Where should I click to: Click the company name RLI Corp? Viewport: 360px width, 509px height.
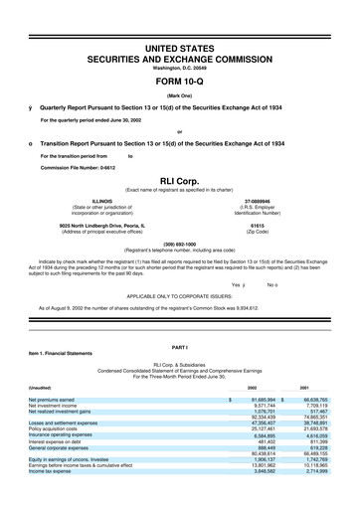179,181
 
